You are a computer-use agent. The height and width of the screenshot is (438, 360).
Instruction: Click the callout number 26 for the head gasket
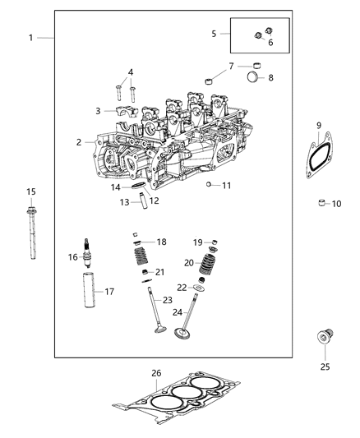click(x=156, y=372)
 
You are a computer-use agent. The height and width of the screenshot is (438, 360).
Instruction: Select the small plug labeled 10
click(x=324, y=203)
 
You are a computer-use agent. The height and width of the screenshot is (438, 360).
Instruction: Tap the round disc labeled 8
click(x=255, y=78)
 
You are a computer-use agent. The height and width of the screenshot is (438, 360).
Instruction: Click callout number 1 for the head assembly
click(x=31, y=38)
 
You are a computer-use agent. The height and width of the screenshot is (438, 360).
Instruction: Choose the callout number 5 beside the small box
click(x=215, y=34)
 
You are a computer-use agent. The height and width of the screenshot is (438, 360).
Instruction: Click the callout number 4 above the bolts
click(x=130, y=71)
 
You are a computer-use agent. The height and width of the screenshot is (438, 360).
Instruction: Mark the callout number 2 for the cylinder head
click(x=80, y=142)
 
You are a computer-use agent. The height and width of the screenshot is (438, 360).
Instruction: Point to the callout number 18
click(x=162, y=242)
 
